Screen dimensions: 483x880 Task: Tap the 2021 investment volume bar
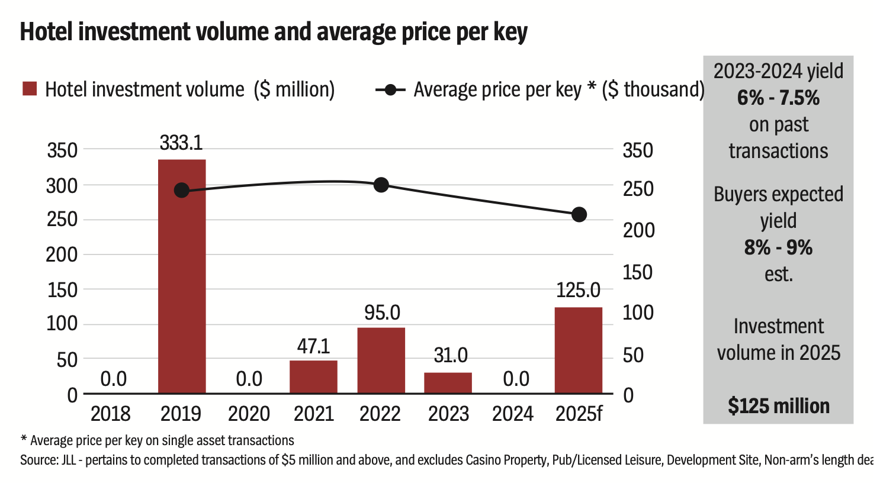click(313, 376)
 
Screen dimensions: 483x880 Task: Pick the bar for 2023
click(448, 382)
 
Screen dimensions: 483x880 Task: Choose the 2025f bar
click(579, 350)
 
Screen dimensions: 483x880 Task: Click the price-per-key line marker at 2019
click(182, 190)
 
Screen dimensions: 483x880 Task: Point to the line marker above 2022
click(381, 185)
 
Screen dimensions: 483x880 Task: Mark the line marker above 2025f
click(579, 214)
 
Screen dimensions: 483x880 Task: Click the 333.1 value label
click(181, 143)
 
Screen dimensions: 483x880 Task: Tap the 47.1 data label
click(313, 346)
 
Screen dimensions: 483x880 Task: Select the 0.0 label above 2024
click(516, 379)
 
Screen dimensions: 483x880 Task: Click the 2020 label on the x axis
click(249, 413)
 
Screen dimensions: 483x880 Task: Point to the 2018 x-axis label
click(111, 413)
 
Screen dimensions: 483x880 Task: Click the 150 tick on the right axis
click(638, 272)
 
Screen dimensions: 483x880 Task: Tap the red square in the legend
click(30, 89)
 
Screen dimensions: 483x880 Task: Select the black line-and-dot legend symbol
click(390, 90)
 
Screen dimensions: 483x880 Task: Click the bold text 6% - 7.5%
click(778, 98)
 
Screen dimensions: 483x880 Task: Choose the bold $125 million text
click(778, 406)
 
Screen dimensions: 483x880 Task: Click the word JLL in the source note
click(68, 460)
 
